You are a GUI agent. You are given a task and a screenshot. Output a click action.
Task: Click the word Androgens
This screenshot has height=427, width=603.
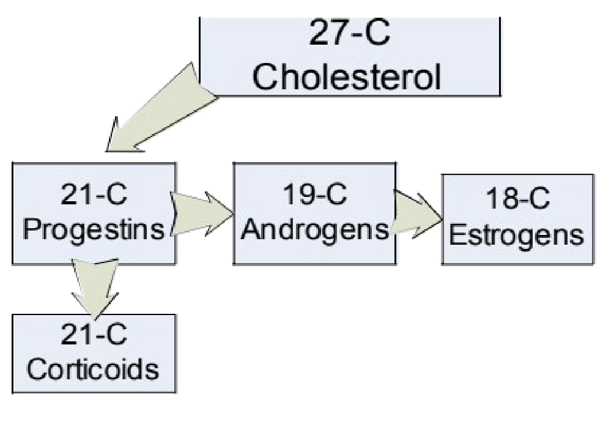point(312,230)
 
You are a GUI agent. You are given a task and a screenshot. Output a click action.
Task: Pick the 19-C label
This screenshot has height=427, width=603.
point(312,197)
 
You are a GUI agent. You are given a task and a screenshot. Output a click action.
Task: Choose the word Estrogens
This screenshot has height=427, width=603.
point(517,236)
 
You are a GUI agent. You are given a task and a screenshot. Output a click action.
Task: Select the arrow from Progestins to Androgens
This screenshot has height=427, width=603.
point(202,214)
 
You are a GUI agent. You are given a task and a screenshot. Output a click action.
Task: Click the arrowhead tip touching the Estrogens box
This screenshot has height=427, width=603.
point(442,218)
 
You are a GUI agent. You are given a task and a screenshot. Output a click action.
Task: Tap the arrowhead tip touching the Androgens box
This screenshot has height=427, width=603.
point(234,215)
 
